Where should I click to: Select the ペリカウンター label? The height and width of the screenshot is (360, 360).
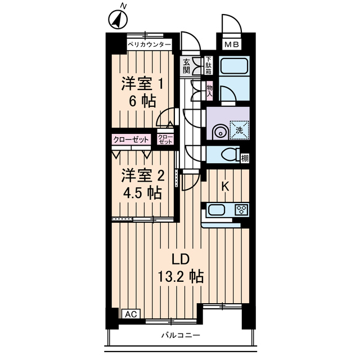click(x=148, y=44)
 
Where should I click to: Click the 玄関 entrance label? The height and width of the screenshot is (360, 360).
click(x=187, y=66)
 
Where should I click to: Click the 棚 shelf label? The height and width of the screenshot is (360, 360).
click(x=245, y=158)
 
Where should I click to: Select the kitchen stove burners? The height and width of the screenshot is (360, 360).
click(x=242, y=210)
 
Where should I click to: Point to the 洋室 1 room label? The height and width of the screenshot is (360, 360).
click(x=143, y=84)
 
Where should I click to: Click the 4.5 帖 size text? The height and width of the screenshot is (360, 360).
click(x=143, y=192)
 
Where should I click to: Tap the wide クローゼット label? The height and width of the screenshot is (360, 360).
click(x=131, y=139)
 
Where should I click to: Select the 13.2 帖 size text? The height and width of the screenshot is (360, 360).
click(x=180, y=277)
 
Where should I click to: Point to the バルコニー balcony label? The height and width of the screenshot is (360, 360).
click(x=181, y=336)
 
